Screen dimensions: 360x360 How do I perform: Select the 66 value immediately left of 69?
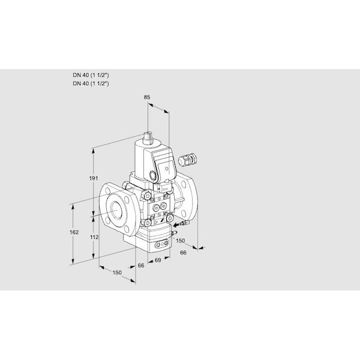[140, 265]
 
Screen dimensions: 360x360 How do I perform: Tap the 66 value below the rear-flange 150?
[184, 253]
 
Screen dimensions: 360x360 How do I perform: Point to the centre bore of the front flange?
[115, 210]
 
